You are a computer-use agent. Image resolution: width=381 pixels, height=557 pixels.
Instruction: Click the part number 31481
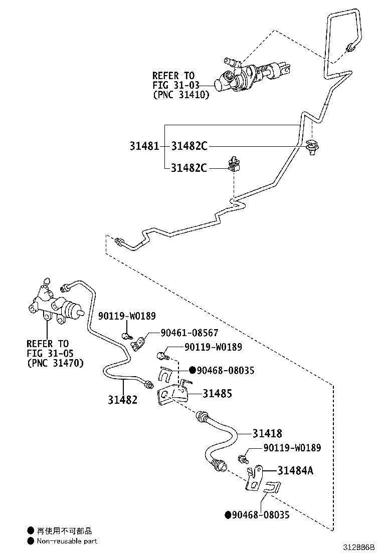(144, 146)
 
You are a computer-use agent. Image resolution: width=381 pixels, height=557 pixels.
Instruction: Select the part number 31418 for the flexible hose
(267, 434)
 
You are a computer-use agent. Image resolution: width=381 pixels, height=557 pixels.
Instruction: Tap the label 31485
(217, 394)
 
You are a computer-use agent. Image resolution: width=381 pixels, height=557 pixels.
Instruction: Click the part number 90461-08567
(189, 333)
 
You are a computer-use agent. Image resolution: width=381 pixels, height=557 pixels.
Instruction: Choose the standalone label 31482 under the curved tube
(122, 399)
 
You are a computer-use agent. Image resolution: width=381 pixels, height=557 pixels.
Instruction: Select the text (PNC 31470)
(55, 363)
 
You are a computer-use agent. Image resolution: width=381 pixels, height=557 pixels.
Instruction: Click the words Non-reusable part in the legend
(67, 541)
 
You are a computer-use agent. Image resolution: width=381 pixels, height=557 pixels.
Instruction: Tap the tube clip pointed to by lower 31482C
(234, 165)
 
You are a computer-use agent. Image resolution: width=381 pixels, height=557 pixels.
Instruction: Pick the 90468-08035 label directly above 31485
(225, 370)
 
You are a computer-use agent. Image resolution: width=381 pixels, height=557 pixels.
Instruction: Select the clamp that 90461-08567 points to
(138, 343)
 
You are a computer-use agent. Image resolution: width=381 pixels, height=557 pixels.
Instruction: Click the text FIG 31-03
(173, 85)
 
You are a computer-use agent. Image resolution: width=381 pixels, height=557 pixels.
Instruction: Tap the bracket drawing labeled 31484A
(255, 477)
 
